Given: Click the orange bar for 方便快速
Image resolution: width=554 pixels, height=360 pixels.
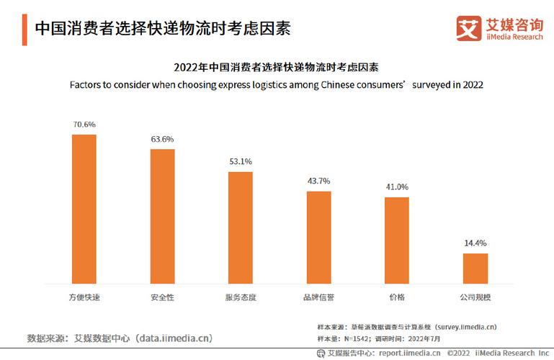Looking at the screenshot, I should [x=84, y=209].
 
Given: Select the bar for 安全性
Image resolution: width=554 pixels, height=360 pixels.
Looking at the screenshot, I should [x=162, y=216].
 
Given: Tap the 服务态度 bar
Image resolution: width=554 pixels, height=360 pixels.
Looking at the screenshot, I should [x=240, y=227].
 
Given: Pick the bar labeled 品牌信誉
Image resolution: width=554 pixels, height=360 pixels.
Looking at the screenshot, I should [x=318, y=237].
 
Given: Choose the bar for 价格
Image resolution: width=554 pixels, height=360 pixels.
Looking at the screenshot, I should [x=396, y=240].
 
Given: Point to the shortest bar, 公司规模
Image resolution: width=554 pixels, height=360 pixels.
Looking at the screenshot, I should [x=475, y=268].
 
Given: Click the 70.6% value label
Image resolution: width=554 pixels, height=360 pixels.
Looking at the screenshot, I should [x=84, y=125].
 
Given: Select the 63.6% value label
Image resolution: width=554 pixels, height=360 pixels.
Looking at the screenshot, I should [x=162, y=139].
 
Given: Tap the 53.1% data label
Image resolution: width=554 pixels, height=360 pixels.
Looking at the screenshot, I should [x=240, y=161].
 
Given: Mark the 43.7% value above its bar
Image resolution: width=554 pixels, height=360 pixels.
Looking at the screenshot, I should [x=318, y=181].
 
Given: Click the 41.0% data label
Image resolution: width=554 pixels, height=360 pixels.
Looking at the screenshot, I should [x=396, y=186].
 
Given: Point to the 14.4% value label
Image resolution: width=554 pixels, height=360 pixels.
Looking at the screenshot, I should [x=475, y=243].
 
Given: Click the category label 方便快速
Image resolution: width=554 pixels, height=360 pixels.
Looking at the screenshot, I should [x=84, y=297].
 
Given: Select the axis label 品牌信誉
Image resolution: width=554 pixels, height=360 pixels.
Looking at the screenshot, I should [x=318, y=297].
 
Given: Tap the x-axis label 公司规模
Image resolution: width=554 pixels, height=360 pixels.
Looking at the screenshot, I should [x=475, y=297].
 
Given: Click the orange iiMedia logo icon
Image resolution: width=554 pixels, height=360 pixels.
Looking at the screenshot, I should [x=468, y=28].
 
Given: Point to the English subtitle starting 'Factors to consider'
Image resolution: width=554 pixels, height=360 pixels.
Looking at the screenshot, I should [x=276, y=84].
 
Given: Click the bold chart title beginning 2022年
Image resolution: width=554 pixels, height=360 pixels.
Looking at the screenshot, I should [x=276, y=68].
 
